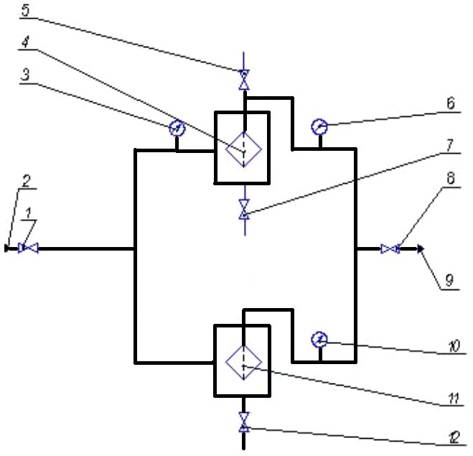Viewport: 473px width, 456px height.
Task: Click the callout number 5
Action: tap(26, 10)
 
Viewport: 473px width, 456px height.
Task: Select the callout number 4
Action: tap(25, 42)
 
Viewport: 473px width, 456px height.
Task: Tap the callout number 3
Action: tap(26, 74)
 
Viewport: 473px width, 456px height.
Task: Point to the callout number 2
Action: tap(27, 181)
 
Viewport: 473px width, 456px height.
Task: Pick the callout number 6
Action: tap(450, 103)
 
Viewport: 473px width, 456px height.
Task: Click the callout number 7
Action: tap(449, 145)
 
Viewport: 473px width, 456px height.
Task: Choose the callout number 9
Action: tap(449, 280)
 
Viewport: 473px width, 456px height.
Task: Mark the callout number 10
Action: tap(454, 346)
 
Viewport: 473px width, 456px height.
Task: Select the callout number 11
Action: tap(454, 399)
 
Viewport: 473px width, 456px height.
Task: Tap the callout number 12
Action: tap(454, 437)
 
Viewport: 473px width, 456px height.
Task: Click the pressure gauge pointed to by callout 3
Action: tap(177, 129)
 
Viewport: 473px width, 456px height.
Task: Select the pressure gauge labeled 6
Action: tap(319, 127)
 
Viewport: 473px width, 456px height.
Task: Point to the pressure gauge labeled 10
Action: tap(319, 340)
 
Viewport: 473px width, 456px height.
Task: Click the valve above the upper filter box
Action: tap(244, 80)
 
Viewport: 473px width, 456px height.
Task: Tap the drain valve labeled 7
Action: tap(244, 209)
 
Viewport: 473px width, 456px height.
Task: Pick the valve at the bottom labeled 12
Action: tap(244, 422)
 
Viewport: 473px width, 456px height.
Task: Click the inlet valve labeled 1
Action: tap(28, 248)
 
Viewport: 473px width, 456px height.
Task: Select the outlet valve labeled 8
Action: tap(390, 249)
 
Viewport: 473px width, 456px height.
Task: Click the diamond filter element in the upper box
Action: tap(244, 149)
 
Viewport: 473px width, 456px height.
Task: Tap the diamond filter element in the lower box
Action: tap(244, 362)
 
